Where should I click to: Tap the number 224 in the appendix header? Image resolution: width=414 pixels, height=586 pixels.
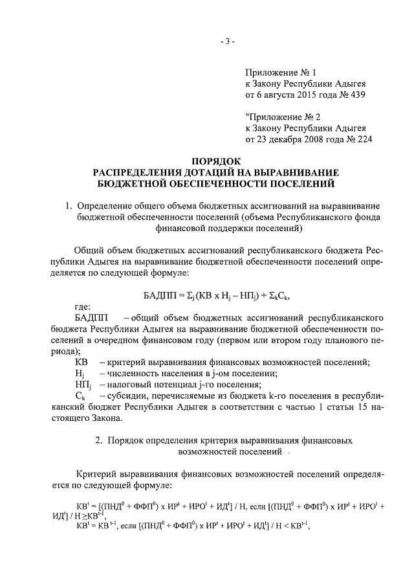[x=365, y=139]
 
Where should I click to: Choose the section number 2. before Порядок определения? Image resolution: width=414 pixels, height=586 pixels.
[x=98, y=440]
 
